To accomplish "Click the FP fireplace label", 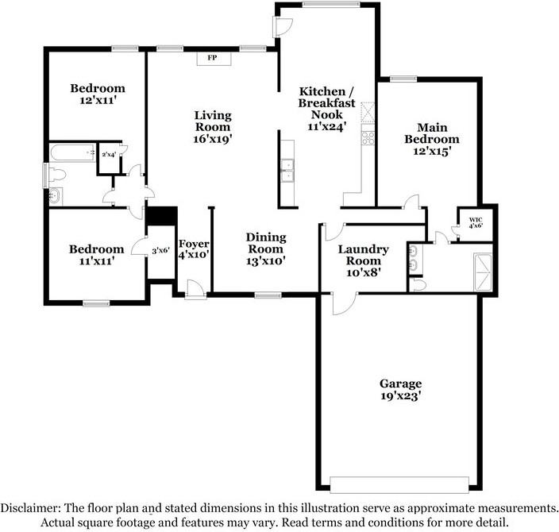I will coord(213,59).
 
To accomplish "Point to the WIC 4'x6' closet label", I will coord(476,222).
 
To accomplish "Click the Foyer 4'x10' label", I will coord(193,249).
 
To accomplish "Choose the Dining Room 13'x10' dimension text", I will coord(265,260).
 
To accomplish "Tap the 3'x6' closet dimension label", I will coord(160,251).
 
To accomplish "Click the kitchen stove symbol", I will coord(368,137).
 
